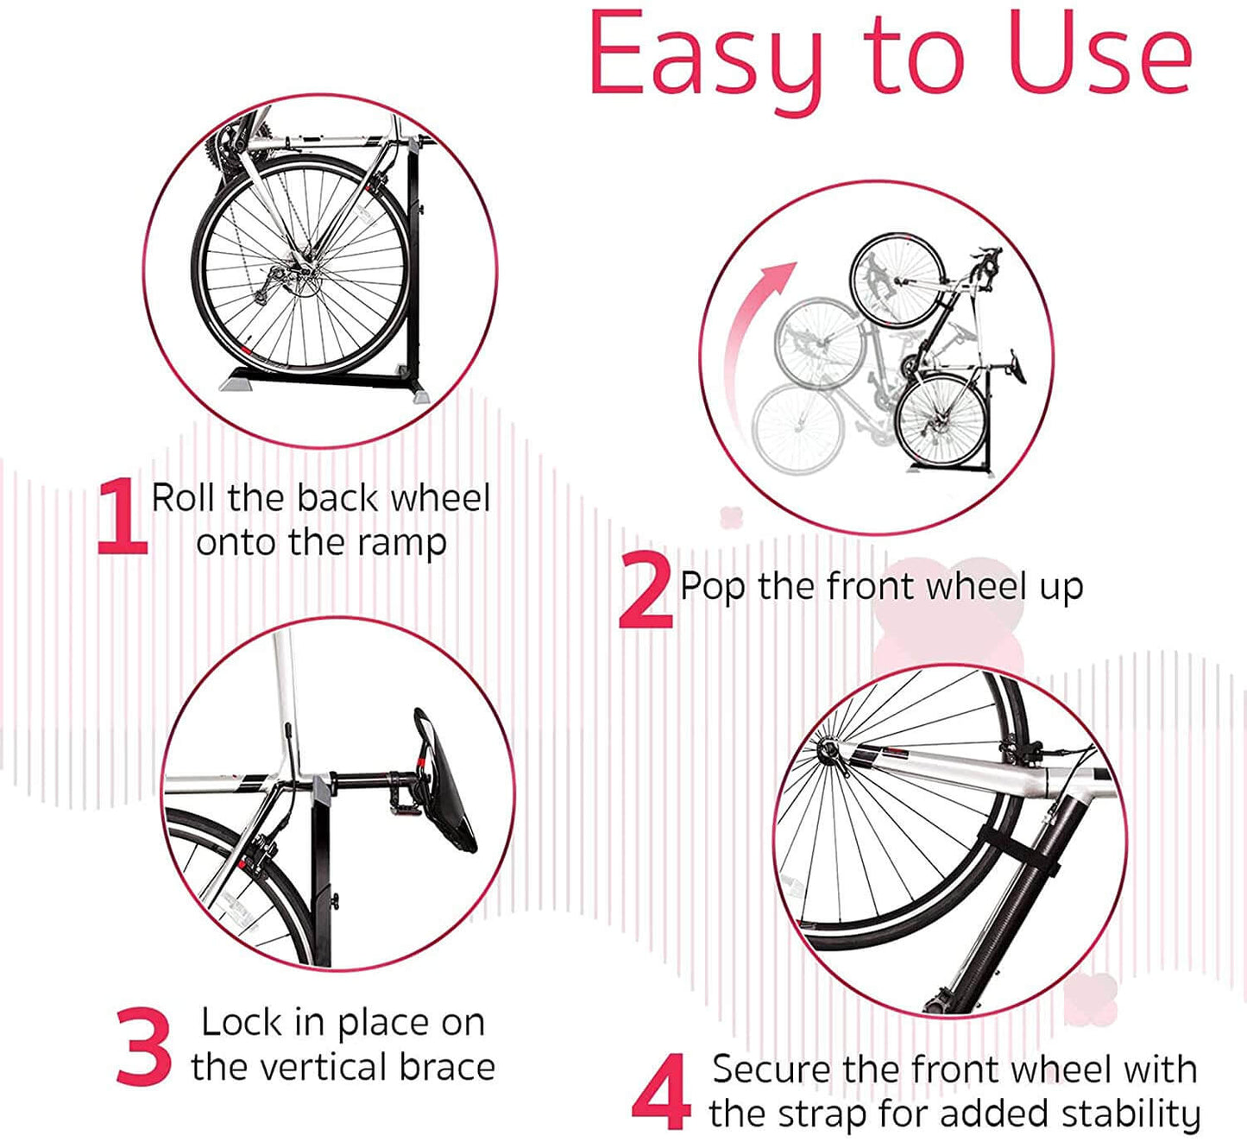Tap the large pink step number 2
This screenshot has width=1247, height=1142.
(x=646, y=593)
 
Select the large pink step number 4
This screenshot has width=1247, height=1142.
(x=661, y=1092)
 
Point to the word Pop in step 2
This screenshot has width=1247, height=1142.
(x=712, y=588)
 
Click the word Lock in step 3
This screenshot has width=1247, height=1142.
(x=241, y=1023)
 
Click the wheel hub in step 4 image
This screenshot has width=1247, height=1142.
(x=829, y=753)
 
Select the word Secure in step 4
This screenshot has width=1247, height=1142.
(x=771, y=1070)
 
